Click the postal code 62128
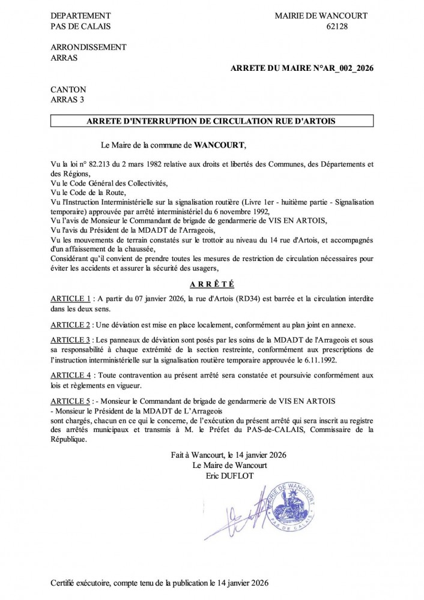point(338,26)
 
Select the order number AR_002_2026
point(345,69)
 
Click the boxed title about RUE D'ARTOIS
point(211,121)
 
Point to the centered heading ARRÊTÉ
point(211,283)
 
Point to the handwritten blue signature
point(237,513)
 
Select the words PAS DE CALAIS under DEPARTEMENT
point(81,26)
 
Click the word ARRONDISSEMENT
point(88,47)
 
